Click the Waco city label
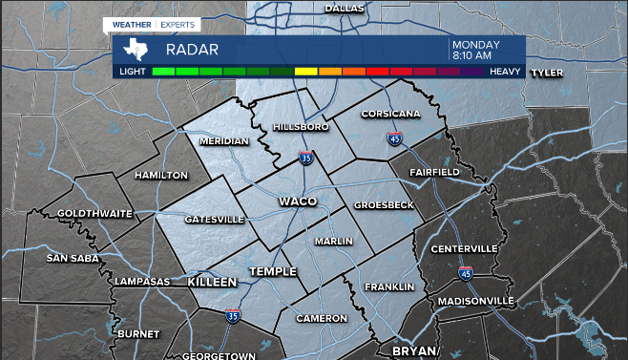(297, 201)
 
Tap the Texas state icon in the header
(137, 49)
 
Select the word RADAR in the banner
(192, 50)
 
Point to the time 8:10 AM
(471, 55)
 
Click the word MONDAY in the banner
(476, 44)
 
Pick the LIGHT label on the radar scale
(132, 72)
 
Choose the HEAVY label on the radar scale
(505, 72)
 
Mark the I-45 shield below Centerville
(465, 273)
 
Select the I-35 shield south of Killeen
(234, 314)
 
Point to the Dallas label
(345, 8)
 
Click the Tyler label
(547, 72)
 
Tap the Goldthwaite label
(94, 213)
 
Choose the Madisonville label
(475, 301)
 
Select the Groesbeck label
(384, 205)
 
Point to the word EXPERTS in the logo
(178, 23)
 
